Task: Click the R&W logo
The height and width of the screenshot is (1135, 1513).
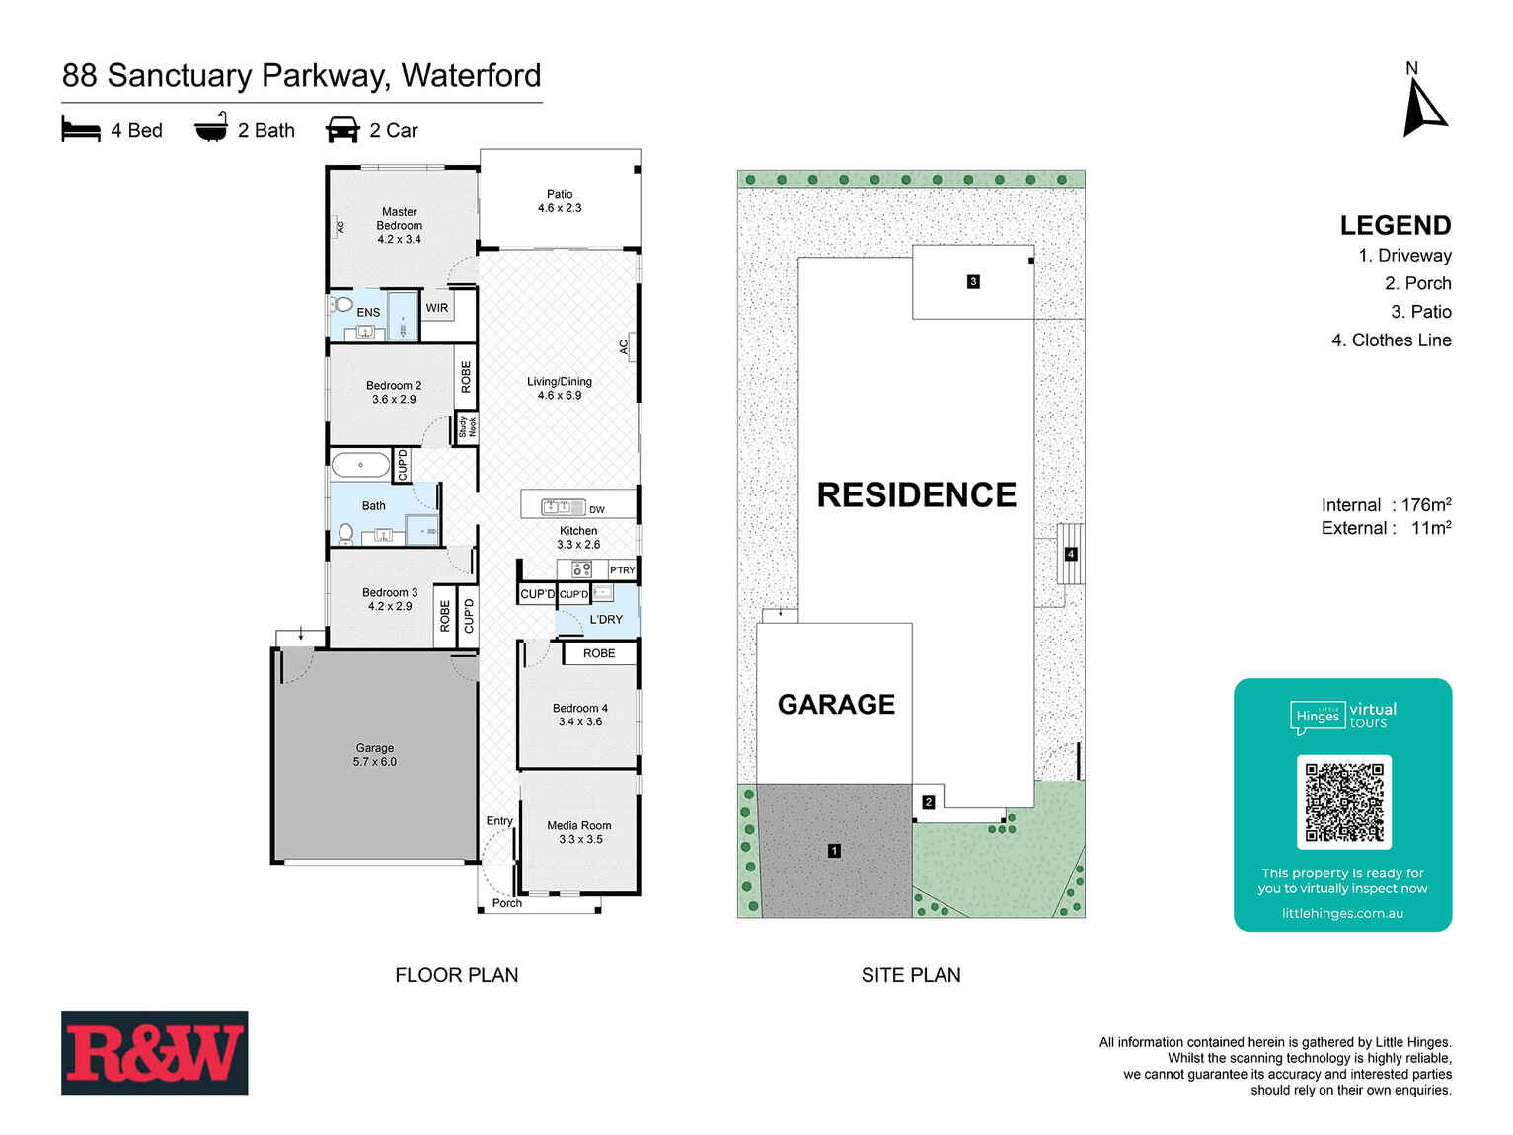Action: point(154,1052)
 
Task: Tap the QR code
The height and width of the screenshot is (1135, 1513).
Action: point(1343,801)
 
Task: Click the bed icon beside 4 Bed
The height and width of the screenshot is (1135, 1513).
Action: point(81,130)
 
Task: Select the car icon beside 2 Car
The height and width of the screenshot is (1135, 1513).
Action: point(342,130)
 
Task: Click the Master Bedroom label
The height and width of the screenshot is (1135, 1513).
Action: point(400,225)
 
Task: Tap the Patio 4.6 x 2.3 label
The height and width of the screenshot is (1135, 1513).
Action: point(560,201)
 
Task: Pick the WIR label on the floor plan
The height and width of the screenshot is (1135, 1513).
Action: point(437,308)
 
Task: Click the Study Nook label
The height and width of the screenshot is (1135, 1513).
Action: point(467,427)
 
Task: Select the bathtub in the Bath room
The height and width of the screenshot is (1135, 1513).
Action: point(360,464)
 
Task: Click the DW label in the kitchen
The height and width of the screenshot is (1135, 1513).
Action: point(597,510)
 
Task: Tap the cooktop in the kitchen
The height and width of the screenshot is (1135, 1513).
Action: point(581,568)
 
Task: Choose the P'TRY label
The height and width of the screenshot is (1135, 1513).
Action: point(623,570)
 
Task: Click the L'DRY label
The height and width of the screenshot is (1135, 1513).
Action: point(606,620)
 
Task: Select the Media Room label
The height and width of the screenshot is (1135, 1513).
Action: point(579,832)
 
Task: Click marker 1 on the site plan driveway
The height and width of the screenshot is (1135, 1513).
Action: point(834,851)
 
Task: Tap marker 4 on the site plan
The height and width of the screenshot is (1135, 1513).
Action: point(1071,554)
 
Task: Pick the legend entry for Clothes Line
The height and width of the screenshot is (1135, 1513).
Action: point(1392,340)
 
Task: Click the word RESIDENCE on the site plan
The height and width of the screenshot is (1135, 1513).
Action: point(917,495)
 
